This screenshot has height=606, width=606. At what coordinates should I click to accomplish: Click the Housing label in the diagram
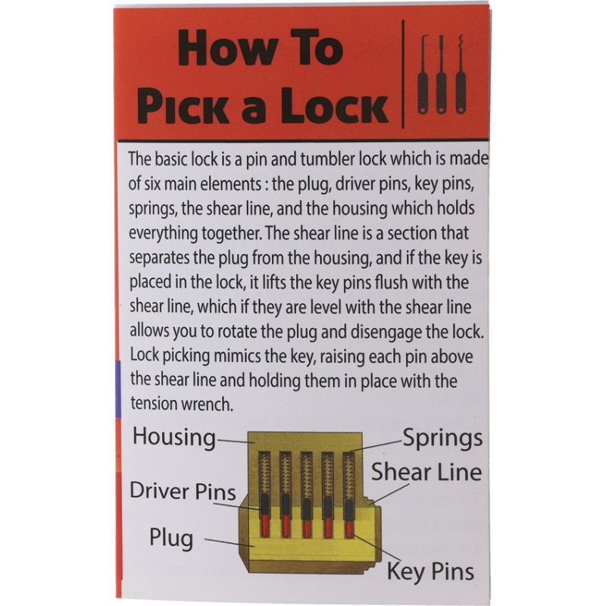(174, 437)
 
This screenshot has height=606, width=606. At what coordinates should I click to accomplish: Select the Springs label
(442, 438)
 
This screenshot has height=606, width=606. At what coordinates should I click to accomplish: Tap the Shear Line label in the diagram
(426, 473)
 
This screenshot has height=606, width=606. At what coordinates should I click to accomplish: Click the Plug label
(171, 539)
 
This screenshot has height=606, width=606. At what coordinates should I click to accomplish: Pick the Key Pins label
(430, 570)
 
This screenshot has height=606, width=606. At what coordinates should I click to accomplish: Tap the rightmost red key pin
(349, 525)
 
